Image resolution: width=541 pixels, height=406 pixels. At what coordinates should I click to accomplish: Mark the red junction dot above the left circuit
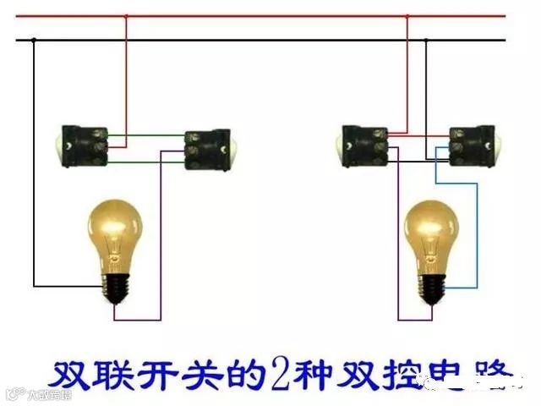click(127, 16)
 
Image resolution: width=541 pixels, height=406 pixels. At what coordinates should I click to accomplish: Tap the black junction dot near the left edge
click(35, 41)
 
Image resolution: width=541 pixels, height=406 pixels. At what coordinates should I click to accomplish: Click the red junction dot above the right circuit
click(407, 16)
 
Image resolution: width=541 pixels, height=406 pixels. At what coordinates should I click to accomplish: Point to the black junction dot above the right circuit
click(427, 41)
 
